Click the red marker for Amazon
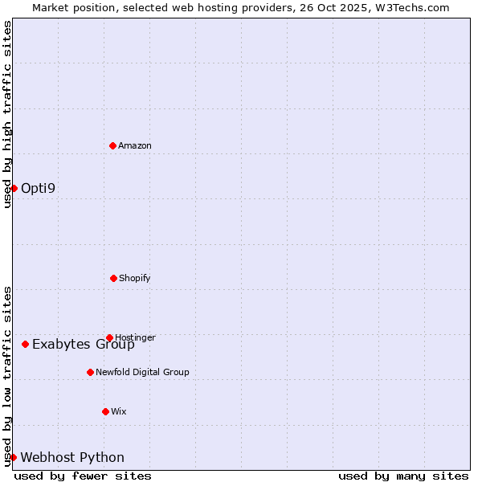[x=113, y=145]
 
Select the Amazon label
[x=135, y=145]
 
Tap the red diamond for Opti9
[x=14, y=188]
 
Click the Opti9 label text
[x=39, y=189]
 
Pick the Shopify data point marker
[x=113, y=278]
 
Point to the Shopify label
[x=135, y=278]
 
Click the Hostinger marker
[x=109, y=337]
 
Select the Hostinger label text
[x=136, y=337]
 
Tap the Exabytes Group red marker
[x=25, y=344]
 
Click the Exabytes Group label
[x=84, y=345]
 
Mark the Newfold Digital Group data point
[x=90, y=372]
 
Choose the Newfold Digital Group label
[x=142, y=372]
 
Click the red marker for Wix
[x=105, y=411]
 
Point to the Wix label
[x=119, y=411]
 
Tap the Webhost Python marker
[x=13, y=457]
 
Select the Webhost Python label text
[x=72, y=458]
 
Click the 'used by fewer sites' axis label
[x=83, y=476]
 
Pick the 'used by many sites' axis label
[x=403, y=476]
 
